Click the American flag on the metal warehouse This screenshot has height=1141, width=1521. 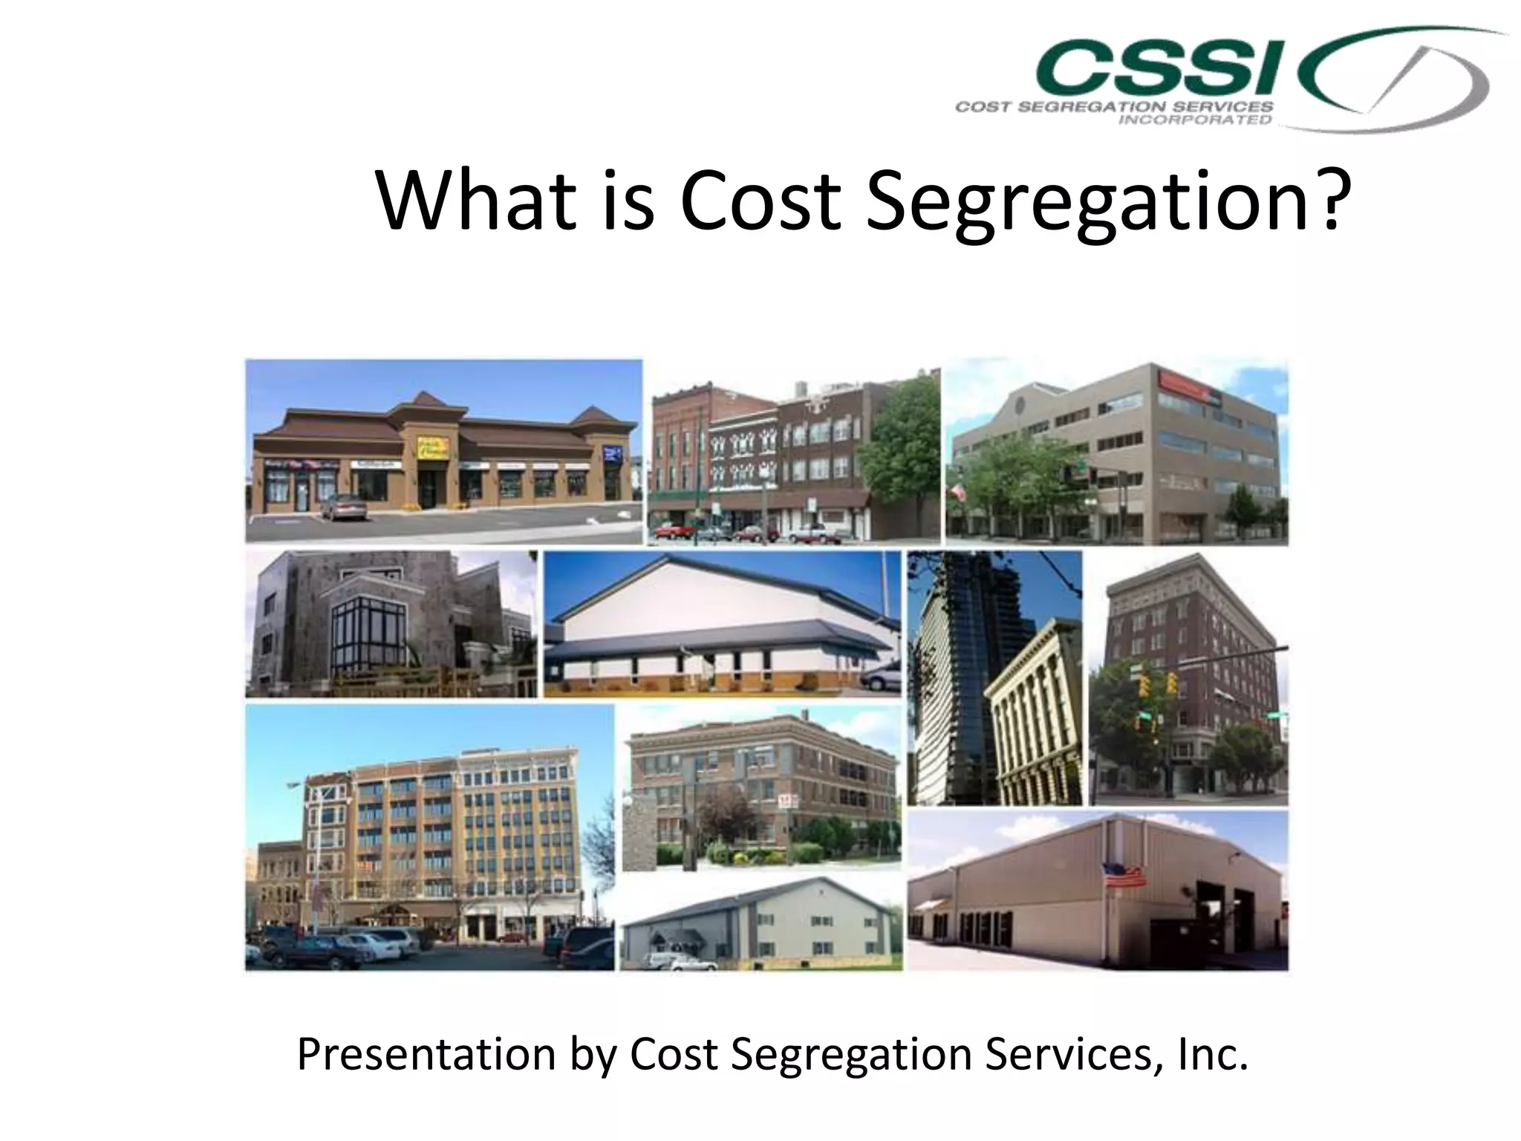1125,875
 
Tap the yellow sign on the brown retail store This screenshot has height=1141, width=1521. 433,448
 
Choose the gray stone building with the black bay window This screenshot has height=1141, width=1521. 391,624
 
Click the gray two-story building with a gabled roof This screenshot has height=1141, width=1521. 761,925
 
